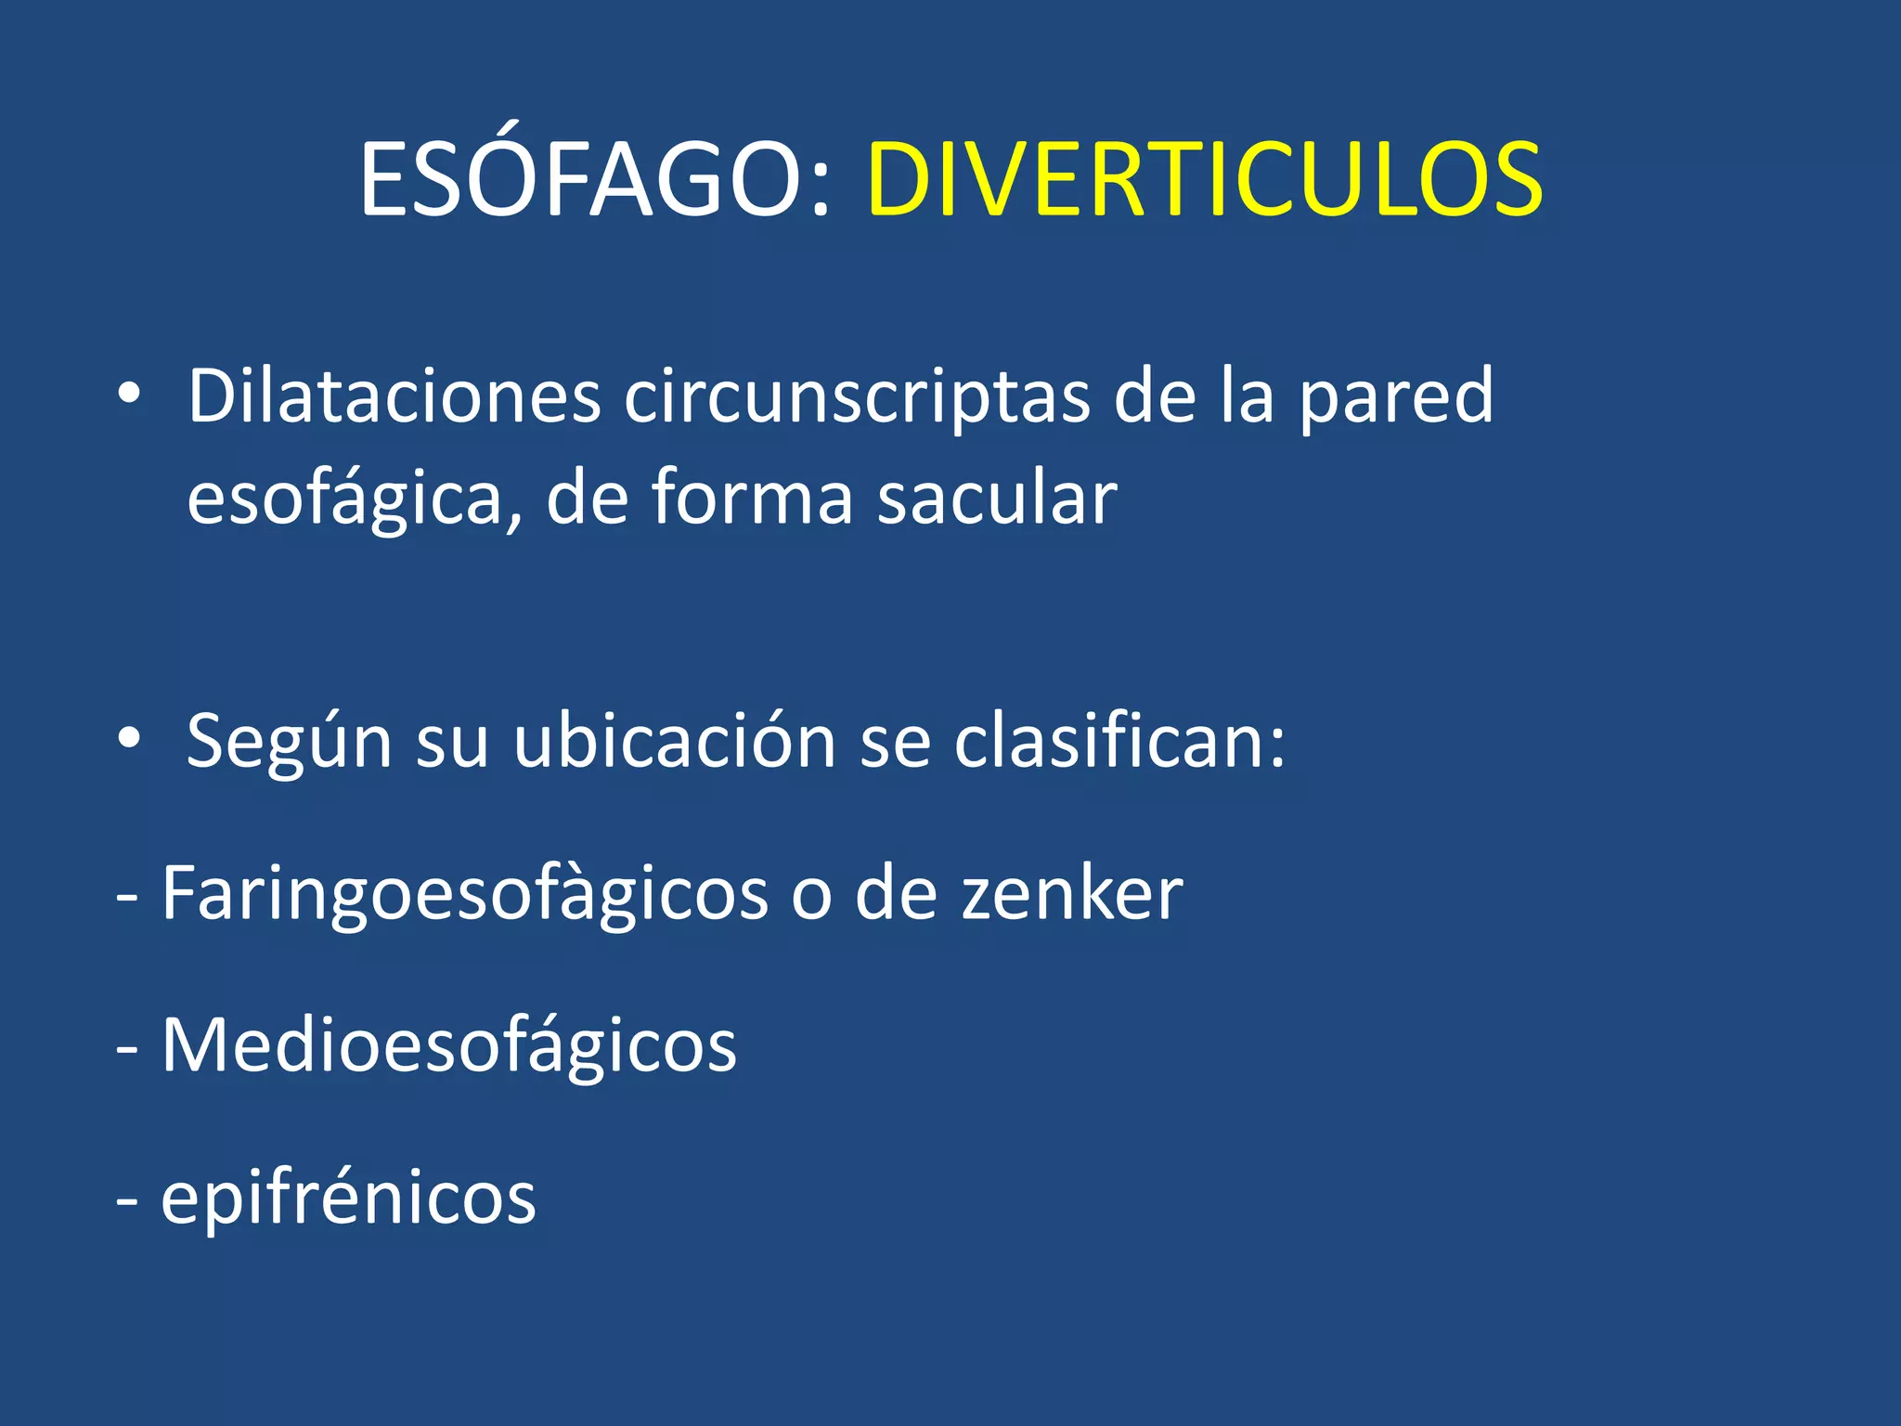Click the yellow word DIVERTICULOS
click(1205, 181)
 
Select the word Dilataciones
click(394, 396)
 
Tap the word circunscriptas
click(856, 396)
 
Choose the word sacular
click(997, 499)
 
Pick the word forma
click(752, 499)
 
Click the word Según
click(289, 743)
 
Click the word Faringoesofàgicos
click(465, 894)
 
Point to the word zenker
click(1072, 894)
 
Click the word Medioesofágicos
click(449, 1046)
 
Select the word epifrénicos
click(348, 1199)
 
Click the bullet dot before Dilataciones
click(129, 395)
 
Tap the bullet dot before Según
click(129, 739)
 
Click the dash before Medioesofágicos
click(128, 1049)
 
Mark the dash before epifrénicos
click(128, 1201)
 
